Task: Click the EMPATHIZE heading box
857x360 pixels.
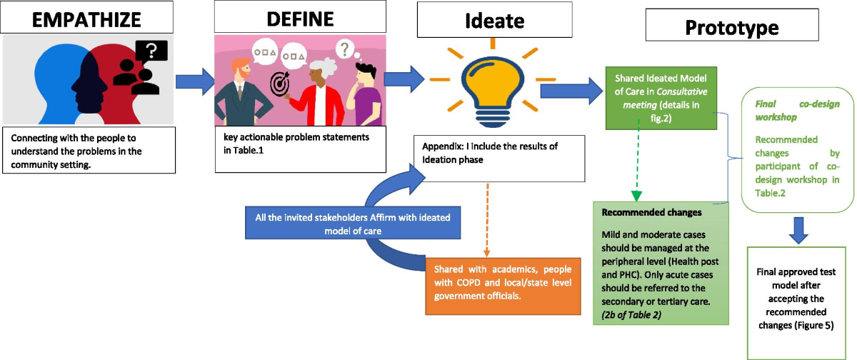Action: coord(89,18)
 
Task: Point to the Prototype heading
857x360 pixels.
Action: coord(732,28)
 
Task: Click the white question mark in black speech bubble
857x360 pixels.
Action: coord(151,50)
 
